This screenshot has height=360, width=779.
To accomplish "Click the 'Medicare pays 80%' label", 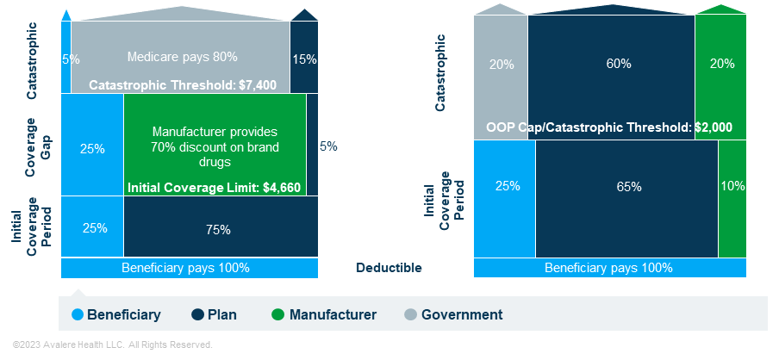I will tap(182, 57).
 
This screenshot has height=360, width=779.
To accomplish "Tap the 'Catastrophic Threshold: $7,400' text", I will tap(182, 84).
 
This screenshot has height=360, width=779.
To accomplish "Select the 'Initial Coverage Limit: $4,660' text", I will tap(214, 187).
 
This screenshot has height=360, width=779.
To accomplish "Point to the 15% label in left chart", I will tap(304, 59).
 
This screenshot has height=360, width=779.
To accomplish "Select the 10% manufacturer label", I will tap(732, 186).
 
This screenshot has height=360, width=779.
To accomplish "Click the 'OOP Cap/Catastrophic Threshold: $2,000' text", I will tap(609, 127).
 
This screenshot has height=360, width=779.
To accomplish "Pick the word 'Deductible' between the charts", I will tap(389, 268).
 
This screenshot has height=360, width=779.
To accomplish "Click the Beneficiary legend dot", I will tap(78, 315).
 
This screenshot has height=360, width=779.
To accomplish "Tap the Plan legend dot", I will tap(198, 315).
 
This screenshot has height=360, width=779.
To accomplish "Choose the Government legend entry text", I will tap(462, 315).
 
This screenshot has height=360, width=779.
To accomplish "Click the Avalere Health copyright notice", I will tap(112, 344).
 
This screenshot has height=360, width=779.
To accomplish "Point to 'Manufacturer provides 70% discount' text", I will tap(215, 146).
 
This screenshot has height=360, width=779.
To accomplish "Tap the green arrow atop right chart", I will tap(720, 9).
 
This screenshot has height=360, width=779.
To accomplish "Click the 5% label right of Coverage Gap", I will tap(328, 146).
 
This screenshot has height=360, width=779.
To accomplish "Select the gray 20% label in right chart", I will tap(502, 64).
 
